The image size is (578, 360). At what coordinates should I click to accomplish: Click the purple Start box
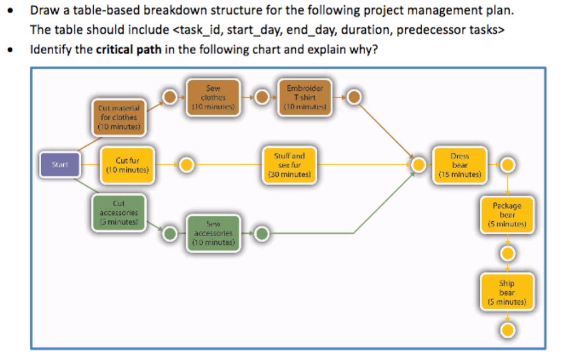point(59,165)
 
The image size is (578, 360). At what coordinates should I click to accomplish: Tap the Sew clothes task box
point(213,97)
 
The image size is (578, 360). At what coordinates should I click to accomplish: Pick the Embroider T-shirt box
point(305,97)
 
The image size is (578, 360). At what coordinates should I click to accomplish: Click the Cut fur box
point(127,165)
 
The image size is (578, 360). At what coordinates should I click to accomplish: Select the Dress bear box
point(459,165)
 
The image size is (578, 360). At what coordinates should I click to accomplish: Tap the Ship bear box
point(507,292)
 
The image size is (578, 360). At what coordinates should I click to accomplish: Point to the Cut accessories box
point(119,212)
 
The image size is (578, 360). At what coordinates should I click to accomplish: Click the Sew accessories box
point(213,232)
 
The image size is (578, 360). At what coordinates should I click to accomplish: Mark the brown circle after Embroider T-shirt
point(354,98)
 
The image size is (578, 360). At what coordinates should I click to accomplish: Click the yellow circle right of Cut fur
point(187,165)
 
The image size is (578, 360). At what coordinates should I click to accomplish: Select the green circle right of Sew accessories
point(261,233)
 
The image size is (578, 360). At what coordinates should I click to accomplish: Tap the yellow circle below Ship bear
point(507,330)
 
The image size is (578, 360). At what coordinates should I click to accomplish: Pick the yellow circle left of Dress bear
point(418,165)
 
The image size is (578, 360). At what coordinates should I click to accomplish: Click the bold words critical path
point(129,49)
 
